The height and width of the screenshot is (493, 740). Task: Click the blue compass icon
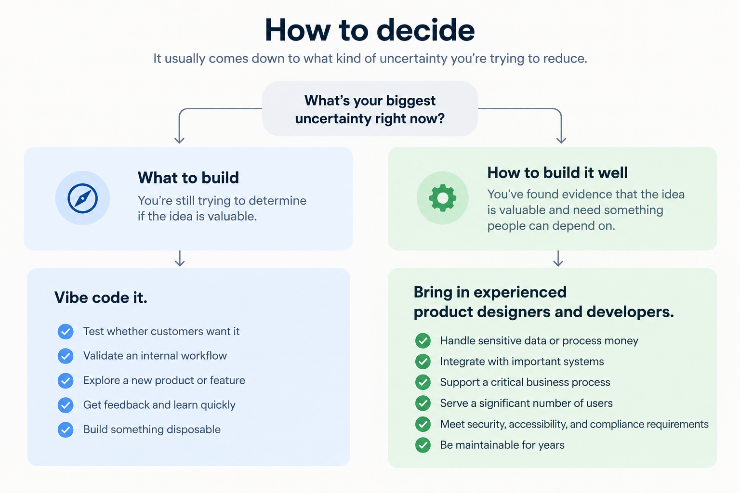click(x=82, y=198)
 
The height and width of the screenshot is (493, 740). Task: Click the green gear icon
click(x=443, y=198)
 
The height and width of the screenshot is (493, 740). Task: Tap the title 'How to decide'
click(x=370, y=30)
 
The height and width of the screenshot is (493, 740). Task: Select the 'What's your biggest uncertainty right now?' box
click(x=370, y=109)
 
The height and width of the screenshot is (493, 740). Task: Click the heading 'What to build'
click(x=188, y=178)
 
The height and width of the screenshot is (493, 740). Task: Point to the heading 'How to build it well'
click(x=557, y=173)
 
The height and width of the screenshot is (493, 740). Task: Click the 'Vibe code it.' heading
click(x=101, y=298)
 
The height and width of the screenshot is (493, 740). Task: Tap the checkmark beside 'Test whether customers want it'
click(x=66, y=332)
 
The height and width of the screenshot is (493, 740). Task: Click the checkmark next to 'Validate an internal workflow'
click(x=66, y=356)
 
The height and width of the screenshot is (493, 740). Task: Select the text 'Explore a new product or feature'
click(x=164, y=380)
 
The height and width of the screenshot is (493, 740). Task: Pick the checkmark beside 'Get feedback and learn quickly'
click(x=66, y=405)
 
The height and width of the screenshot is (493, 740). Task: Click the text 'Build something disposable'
click(x=152, y=429)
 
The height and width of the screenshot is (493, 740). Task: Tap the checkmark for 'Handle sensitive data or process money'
click(x=423, y=341)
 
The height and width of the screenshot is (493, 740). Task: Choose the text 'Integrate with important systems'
click(x=522, y=362)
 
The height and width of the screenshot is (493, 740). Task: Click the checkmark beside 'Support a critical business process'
click(x=423, y=382)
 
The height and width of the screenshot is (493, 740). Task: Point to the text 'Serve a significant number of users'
click(x=526, y=403)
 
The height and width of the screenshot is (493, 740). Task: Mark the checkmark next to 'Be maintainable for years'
click(x=423, y=445)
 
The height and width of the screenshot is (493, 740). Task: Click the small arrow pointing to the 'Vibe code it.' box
click(x=180, y=259)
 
